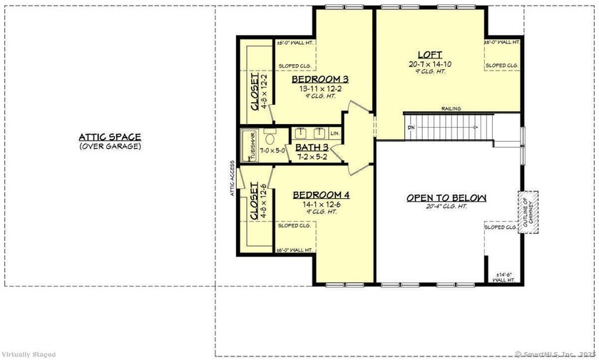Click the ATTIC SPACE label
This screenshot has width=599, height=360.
point(110,137)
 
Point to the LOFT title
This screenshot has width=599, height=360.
point(430,55)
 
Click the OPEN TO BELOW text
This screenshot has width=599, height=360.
point(446,197)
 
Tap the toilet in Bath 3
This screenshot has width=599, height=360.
point(270,135)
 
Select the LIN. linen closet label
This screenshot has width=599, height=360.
point(335,133)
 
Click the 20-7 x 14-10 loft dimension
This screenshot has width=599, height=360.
point(430,64)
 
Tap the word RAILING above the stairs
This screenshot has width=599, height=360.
point(450,108)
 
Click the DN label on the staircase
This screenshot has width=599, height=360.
point(411,128)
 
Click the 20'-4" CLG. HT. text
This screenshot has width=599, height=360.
point(446,207)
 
